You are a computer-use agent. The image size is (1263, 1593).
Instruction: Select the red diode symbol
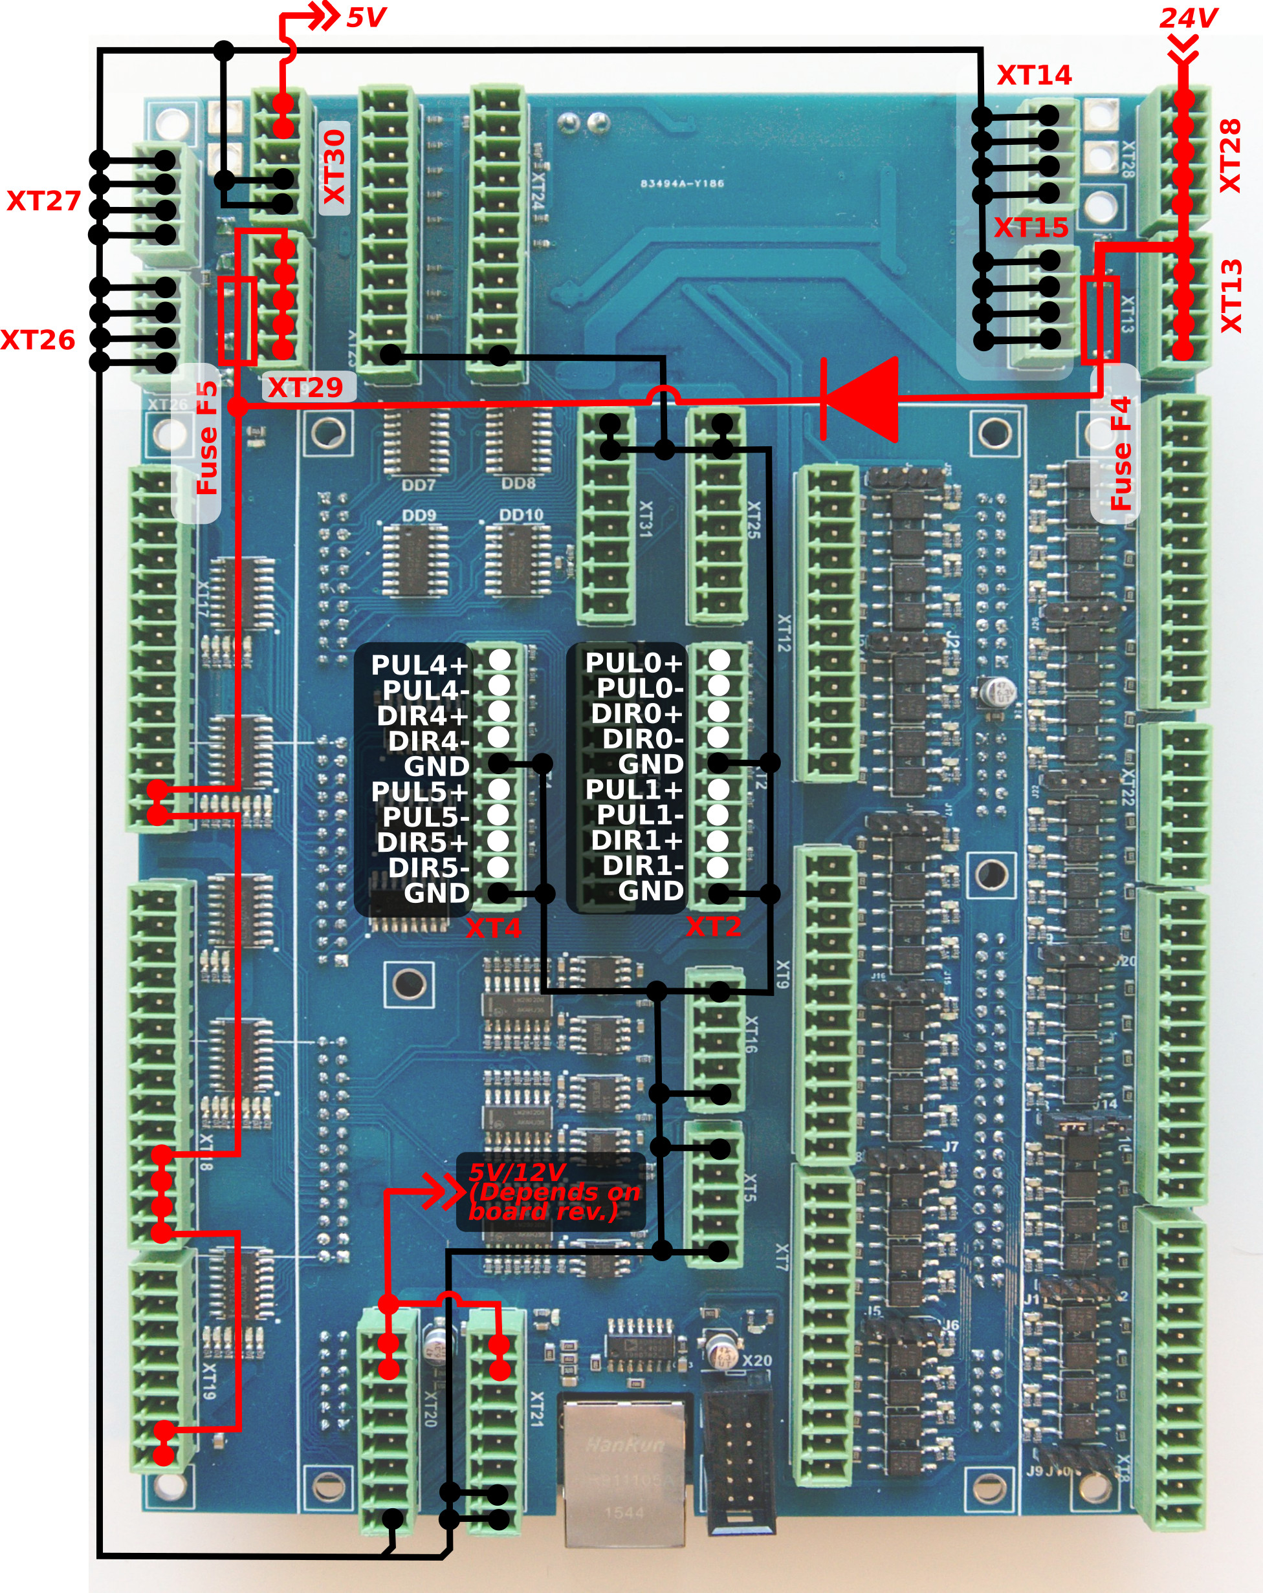(x=862, y=400)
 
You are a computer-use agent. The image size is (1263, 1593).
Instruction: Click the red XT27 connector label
(x=43, y=201)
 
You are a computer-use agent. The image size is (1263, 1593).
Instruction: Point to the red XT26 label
(x=38, y=340)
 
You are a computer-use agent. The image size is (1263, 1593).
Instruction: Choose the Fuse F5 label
(x=207, y=437)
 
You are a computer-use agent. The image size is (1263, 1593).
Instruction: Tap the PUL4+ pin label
(x=419, y=665)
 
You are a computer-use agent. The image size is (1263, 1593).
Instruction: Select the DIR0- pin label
(x=642, y=739)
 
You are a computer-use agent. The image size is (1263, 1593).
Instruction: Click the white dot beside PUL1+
(x=718, y=790)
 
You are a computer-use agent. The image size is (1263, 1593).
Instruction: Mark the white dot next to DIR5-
(x=499, y=867)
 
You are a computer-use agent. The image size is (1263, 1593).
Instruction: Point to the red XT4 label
(x=493, y=928)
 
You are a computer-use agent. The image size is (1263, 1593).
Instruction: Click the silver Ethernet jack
(x=624, y=1470)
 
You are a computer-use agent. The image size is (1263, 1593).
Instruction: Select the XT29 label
(x=305, y=387)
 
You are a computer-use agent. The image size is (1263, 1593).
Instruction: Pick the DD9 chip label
(x=418, y=515)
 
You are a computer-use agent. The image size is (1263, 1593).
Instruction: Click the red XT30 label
(x=335, y=167)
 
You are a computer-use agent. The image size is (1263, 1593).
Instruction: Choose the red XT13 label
(x=1231, y=296)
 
